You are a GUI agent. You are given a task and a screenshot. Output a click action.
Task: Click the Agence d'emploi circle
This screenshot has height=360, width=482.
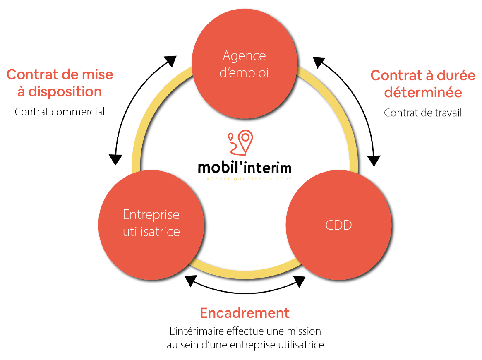(x=245, y=64)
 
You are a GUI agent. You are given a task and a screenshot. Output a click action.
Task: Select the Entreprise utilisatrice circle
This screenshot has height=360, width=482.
(x=151, y=224)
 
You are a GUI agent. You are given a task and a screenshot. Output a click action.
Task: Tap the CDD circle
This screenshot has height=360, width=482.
(x=338, y=225)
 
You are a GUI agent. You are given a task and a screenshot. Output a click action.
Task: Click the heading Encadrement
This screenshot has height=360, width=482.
(x=245, y=313)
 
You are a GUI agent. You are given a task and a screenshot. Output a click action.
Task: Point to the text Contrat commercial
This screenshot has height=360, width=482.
(x=60, y=112)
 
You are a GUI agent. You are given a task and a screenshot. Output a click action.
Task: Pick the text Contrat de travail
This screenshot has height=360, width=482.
(x=423, y=113)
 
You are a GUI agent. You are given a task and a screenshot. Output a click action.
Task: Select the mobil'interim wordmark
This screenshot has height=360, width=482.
(x=245, y=168)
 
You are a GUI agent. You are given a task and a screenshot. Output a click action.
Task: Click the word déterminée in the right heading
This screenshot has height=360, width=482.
(x=423, y=92)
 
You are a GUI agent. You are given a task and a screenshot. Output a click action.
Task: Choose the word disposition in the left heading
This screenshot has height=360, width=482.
(x=65, y=92)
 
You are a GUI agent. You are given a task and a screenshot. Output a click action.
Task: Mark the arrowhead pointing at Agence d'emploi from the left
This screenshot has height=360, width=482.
(x=170, y=61)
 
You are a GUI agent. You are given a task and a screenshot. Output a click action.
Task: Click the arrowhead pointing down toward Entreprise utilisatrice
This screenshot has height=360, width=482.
(x=115, y=159)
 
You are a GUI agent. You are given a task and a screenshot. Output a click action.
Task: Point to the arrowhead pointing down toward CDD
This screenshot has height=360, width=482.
(x=374, y=161)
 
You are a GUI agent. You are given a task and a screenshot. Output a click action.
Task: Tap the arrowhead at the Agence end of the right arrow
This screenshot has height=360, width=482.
(x=319, y=62)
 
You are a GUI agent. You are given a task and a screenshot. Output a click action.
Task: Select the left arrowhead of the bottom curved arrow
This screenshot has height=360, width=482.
(x=191, y=281)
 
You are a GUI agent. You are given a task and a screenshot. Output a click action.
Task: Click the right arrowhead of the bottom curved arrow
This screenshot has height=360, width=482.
(x=300, y=281)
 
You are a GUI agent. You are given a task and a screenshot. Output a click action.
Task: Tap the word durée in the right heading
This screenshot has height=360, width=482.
(x=456, y=75)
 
